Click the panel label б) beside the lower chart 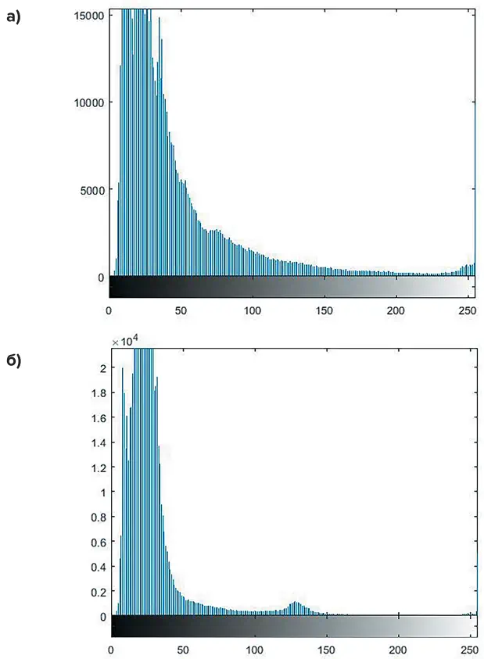13,362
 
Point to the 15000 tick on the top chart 88,14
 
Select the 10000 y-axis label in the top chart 88,102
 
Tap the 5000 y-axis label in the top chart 91,190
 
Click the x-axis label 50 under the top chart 181,310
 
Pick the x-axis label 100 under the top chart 253,310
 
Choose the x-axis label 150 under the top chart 324,310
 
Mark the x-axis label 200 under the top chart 396,310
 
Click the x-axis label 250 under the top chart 468,310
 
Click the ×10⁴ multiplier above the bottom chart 126,341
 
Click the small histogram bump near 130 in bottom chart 296,606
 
